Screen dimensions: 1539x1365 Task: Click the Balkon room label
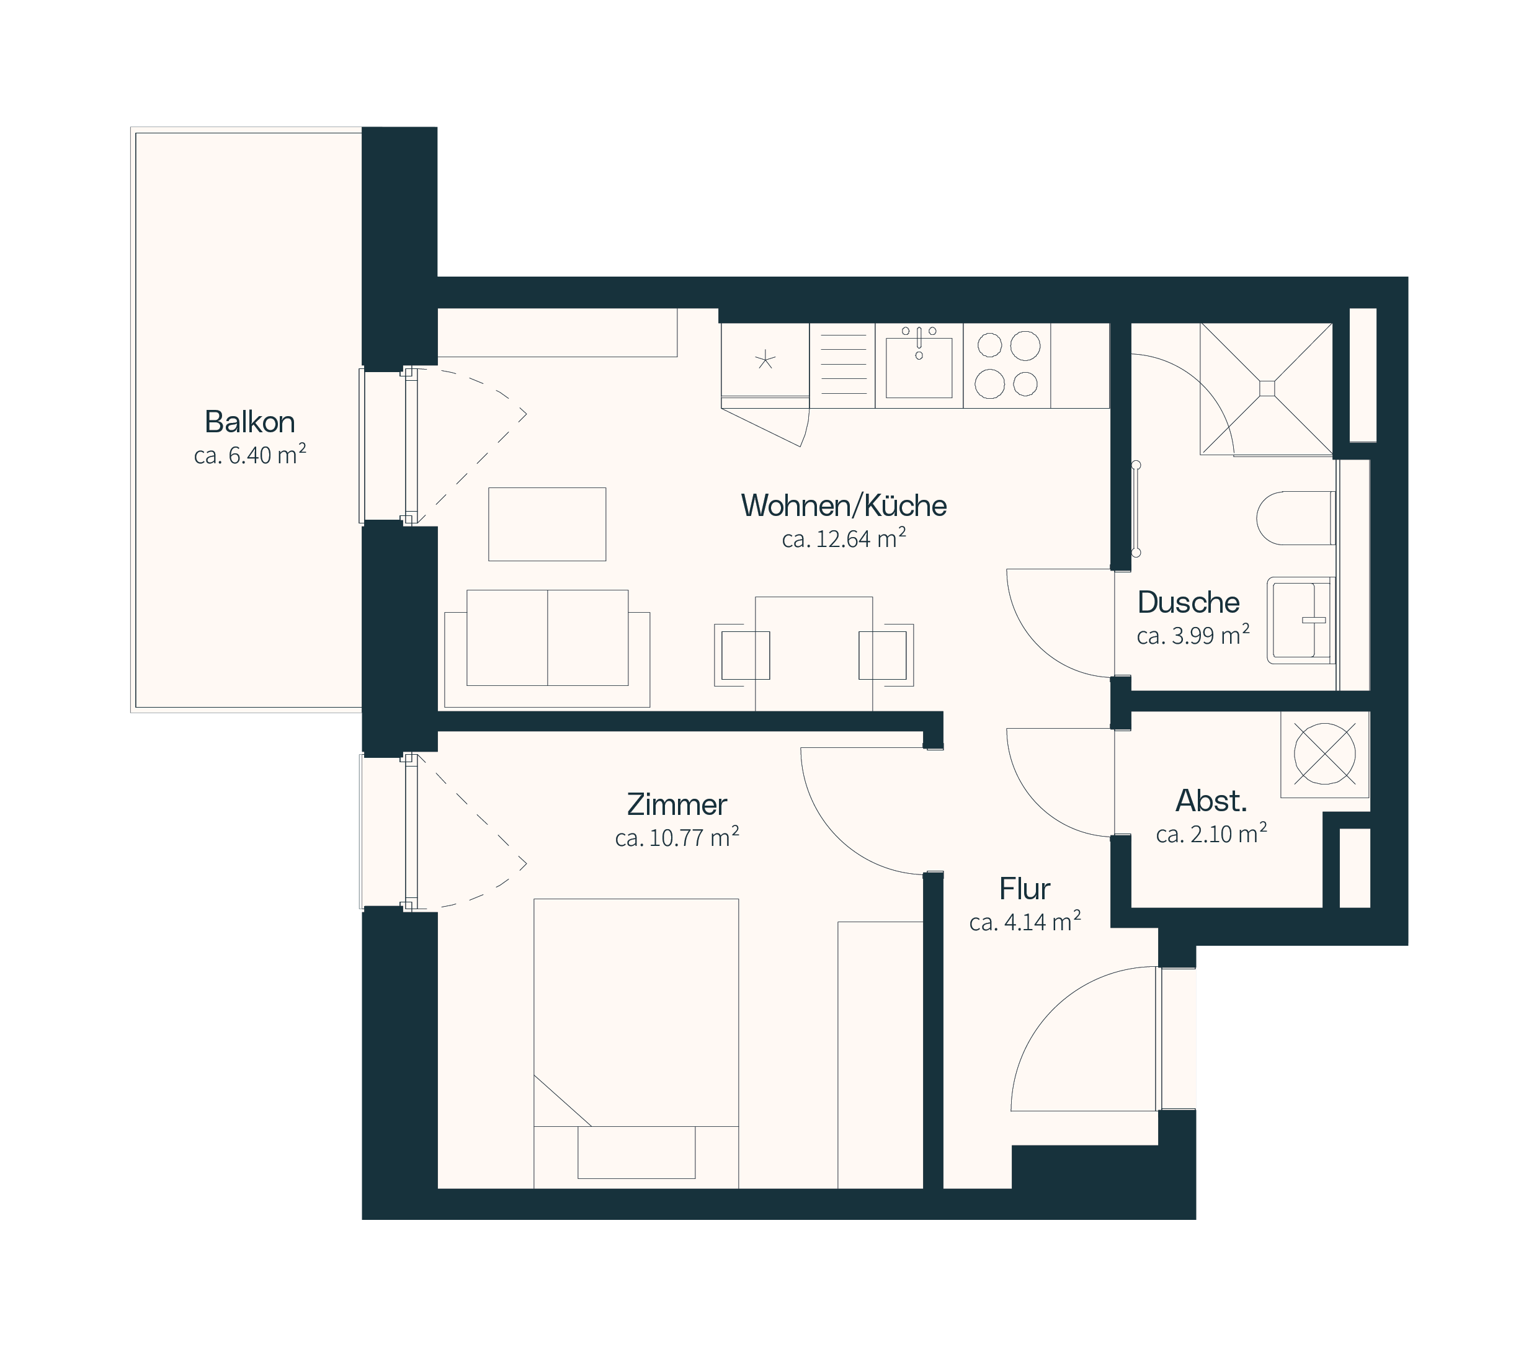(x=250, y=422)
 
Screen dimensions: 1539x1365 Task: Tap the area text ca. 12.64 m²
(x=844, y=538)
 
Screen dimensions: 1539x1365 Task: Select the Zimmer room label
(x=677, y=804)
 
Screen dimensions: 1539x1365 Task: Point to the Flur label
(x=1025, y=889)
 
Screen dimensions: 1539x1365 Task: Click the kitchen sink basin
(x=919, y=367)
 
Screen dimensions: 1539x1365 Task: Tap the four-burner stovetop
(x=1007, y=365)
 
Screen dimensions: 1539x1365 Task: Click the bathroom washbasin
(x=1301, y=620)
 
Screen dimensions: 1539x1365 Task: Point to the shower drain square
(x=1267, y=388)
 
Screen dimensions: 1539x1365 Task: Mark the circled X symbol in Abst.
(x=1324, y=754)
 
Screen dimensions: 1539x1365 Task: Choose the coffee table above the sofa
(x=547, y=524)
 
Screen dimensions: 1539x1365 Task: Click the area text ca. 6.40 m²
(x=250, y=455)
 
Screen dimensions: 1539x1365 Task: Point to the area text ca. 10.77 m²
(x=677, y=837)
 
